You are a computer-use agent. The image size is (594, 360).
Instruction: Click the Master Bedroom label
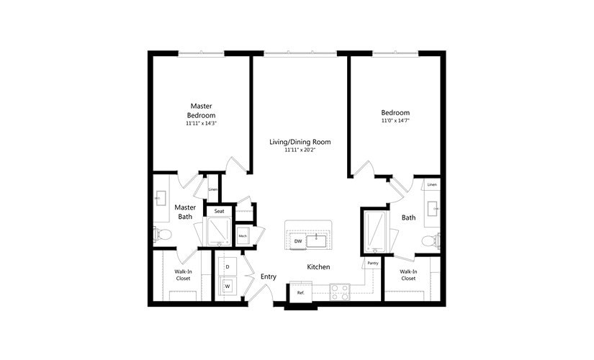202,110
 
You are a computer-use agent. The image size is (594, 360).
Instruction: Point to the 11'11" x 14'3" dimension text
202,124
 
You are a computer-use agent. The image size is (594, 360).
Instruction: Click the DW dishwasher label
297,241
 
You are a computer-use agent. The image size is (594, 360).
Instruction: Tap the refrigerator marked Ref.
300,293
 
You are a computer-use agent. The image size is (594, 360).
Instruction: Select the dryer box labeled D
228,267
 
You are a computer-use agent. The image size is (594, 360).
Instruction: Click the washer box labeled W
228,286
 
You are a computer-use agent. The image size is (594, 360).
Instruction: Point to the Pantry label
372,264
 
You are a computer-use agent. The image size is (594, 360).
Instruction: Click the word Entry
269,276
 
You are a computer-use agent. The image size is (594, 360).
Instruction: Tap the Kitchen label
318,267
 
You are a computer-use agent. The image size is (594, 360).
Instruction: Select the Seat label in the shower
219,211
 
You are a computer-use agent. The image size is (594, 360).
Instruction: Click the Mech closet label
243,236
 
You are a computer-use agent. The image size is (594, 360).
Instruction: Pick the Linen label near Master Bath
212,189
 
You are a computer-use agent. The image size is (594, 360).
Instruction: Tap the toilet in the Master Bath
161,233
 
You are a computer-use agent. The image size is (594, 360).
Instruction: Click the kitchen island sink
317,240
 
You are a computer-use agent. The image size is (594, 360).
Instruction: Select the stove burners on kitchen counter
340,292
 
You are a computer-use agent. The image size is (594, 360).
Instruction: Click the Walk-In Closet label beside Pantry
408,274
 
